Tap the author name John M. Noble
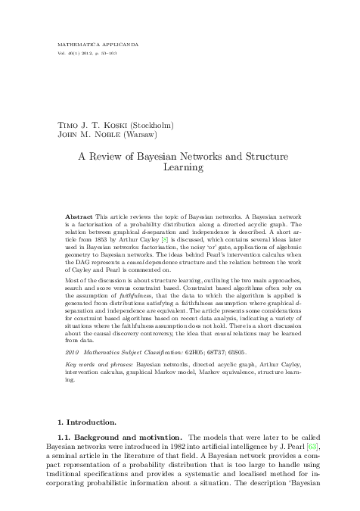point(91,135)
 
